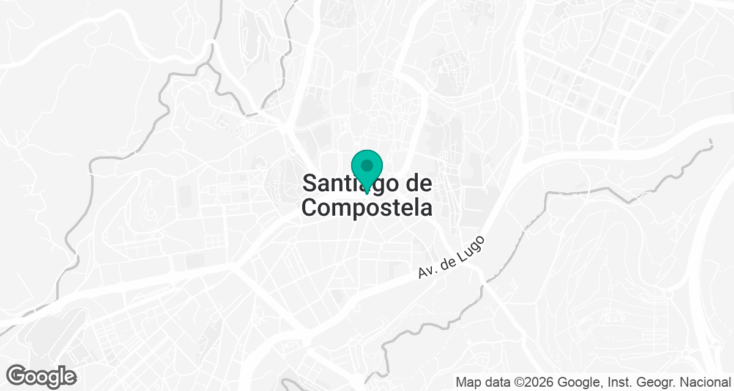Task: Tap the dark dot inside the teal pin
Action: (x=367, y=166)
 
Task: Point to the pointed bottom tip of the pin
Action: (x=367, y=194)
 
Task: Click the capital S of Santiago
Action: (x=310, y=183)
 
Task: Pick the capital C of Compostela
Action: (x=310, y=207)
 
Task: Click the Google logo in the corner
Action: (x=41, y=376)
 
